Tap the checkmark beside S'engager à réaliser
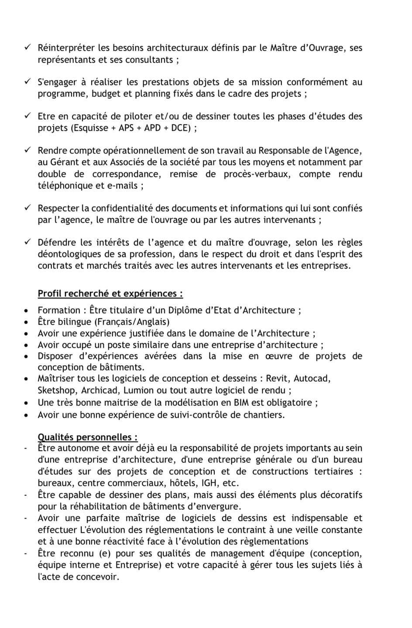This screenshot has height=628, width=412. (27, 82)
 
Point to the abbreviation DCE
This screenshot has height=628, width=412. (179, 128)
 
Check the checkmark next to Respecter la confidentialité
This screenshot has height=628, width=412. (27, 208)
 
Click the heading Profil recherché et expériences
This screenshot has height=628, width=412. (110, 294)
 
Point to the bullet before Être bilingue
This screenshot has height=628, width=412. (27, 322)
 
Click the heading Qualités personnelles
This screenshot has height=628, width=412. (87, 437)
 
